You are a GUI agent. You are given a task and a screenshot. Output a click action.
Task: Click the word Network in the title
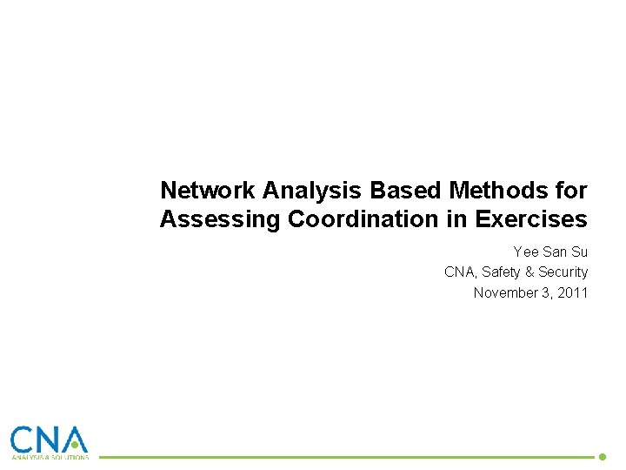pos(208,190)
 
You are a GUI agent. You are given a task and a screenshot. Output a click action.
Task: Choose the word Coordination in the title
pos(364,219)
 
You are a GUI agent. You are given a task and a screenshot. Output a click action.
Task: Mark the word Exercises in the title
pos(531,219)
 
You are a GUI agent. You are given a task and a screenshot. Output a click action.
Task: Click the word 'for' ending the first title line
pos(574,190)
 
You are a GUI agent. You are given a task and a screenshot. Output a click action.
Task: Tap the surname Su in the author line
pos(579,252)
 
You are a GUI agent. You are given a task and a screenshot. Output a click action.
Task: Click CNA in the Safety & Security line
pos(459,272)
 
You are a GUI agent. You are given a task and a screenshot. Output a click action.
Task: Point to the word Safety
pos(502,272)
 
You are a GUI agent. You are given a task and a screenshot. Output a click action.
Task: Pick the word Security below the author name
pos(563,272)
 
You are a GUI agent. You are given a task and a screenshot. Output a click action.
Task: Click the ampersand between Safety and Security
pos(529,272)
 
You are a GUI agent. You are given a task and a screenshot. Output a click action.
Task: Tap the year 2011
pos(573,293)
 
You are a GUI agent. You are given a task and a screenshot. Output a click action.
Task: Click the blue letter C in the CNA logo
pos(23,439)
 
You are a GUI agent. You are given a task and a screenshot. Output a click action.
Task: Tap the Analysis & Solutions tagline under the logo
pos(49,457)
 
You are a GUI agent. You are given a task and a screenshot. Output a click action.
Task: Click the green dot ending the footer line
pos(602,456)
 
